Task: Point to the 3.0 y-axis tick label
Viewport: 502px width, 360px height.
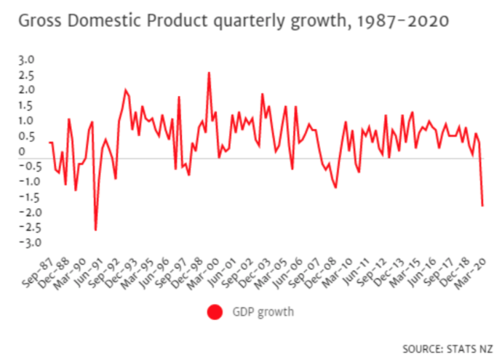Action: pyautogui.click(x=26, y=60)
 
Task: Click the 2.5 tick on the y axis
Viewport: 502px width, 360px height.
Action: pyautogui.click(x=26, y=76)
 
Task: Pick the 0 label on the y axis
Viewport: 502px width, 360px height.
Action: pyautogui.click(x=21, y=151)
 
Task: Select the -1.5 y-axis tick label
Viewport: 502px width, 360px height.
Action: pyautogui.click(x=29, y=197)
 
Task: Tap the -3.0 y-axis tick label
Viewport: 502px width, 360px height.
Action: pyautogui.click(x=31, y=242)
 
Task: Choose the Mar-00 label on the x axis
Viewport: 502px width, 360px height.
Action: pyautogui.click(x=203, y=274)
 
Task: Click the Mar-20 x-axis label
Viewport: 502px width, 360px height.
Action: pyautogui.click(x=470, y=274)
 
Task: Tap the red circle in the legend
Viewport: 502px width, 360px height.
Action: pyautogui.click(x=215, y=312)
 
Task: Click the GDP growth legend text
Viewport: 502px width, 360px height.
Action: pyautogui.click(x=263, y=312)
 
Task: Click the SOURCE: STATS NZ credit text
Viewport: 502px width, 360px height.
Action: pyautogui.click(x=447, y=349)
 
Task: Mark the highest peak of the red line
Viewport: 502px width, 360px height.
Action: pyautogui.click(x=209, y=72)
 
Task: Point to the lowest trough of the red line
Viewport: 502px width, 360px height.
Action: pyautogui.click(x=95, y=230)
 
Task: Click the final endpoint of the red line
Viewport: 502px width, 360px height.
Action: pyautogui.click(x=482, y=206)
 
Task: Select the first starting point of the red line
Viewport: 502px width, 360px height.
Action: pyautogui.click(x=49, y=143)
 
